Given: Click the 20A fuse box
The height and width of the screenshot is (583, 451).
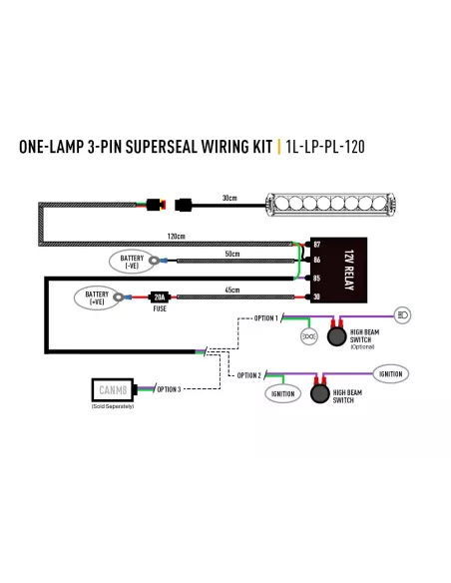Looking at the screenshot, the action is [x=160, y=297].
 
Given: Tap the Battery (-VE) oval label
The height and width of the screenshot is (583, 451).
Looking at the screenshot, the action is [x=132, y=262].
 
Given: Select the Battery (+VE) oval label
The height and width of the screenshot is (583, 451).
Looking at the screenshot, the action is [x=97, y=297].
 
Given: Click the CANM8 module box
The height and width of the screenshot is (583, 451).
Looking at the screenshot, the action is [x=113, y=390].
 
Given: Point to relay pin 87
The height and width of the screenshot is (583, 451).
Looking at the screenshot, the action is [x=316, y=245].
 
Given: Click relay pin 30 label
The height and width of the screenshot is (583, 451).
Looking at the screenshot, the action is [x=316, y=296].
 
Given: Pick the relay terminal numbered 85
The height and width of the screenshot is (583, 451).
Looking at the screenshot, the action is [x=316, y=278].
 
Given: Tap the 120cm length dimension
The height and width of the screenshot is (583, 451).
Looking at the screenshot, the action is [x=176, y=237].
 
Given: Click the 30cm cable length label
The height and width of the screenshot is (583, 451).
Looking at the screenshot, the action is [x=229, y=198].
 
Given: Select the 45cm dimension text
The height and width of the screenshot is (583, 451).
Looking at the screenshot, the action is [x=232, y=290].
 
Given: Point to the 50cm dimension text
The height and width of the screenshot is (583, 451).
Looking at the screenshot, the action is [x=232, y=254].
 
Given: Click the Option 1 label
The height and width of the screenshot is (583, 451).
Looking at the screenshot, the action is [x=266, y=318].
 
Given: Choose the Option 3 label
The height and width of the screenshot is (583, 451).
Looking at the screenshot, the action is [x=169, y=389].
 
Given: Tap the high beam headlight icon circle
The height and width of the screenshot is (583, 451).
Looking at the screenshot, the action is [x=402, y=315].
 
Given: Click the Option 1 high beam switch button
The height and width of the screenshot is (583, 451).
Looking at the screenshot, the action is [x=336, y=335].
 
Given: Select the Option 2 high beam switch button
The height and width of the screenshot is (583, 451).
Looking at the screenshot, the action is [x=320, y=393].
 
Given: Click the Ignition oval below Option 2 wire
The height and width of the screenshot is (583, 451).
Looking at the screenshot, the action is [x=282, y=393].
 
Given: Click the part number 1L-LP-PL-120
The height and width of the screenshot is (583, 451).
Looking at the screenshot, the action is [x=325, y=147].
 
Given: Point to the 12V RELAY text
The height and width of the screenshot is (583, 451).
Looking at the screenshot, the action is [x=349, y=270].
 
